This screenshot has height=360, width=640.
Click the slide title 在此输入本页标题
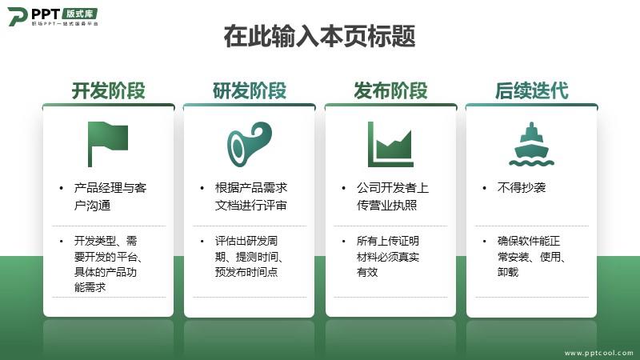pyautogui.click(x=319, y=36)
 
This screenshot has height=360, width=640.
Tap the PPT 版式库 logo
pyautogui.click(x=53, y=16)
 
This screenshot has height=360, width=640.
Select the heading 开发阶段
pyautogui.click(x=109, y=90)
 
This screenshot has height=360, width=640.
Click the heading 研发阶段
pyautogui.click(x=250, y=90)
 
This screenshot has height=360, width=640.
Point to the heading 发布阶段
pyautogui.click(x=390, y=90)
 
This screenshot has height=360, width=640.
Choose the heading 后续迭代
pyautogui.click(x=532, y=90)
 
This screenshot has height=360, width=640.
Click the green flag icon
pyautogui.click(x=108, y=144)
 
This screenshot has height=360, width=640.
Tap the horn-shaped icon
pyautogui.click(x=250, y=144)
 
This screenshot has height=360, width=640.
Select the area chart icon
pyautogui.click(x=390, y=144)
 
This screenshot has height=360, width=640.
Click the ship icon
pyautogui.click(x=531, y=144)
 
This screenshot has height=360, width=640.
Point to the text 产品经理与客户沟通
pyautogui.click(x=110, y=196)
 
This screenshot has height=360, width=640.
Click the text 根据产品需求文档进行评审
pyautogui.click(x=251, y=196)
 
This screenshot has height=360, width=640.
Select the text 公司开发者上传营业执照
pyautogui.click(x=393, y=196)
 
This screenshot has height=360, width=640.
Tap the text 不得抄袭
pyautogui.click(x=522, y=188)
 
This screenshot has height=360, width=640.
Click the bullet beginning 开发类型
pyautogui.click(x=108, y=264)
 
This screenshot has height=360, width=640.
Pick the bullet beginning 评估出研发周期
pyautogui.click(x=250, y=256)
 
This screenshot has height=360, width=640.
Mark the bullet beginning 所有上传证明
pyautogui.click(x=388, y=256)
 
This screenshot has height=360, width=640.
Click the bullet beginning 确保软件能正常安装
pyautogui.click(x=531, y=256)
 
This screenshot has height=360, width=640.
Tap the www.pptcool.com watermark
pyautogui.click(x=598, y=353)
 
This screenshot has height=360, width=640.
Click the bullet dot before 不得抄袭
pyautogui.click(x=485, y=188)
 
